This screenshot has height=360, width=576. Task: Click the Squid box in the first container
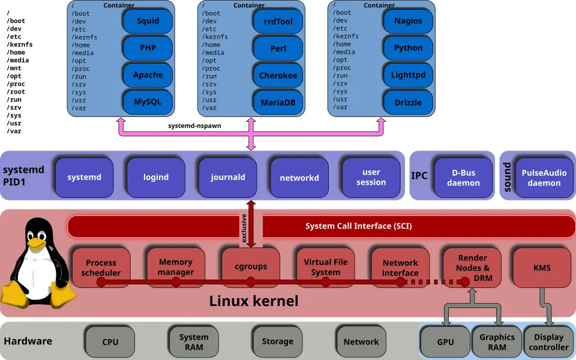(x=148, y=21)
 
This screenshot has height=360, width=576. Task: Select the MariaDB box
(x=278, y=103)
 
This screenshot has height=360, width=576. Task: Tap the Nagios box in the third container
(x=408, y=21)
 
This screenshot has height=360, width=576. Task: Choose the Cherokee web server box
(x=278, y=76)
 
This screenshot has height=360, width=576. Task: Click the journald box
(x=228, y=177)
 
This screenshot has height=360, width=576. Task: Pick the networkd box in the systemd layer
(x=299, y=178)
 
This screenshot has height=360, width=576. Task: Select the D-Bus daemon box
(x=463, y=178)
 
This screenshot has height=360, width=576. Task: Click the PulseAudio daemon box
(x=544, y=178)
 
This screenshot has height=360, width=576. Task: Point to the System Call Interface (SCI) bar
(x=358, y=227)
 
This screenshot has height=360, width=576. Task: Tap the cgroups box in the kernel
(x=251, y=267)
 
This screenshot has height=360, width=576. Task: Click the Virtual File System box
(x=326, y=267)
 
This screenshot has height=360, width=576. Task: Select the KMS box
(x=542, y=268)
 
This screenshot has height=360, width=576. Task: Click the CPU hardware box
(x=110, y=342)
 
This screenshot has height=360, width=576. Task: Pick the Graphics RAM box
(x=497, y=342)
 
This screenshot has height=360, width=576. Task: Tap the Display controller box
(x=548, y=342)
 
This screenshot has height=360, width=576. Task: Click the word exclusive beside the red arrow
(x=244, y=229)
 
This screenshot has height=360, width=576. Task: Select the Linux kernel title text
(x=254, y=301)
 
